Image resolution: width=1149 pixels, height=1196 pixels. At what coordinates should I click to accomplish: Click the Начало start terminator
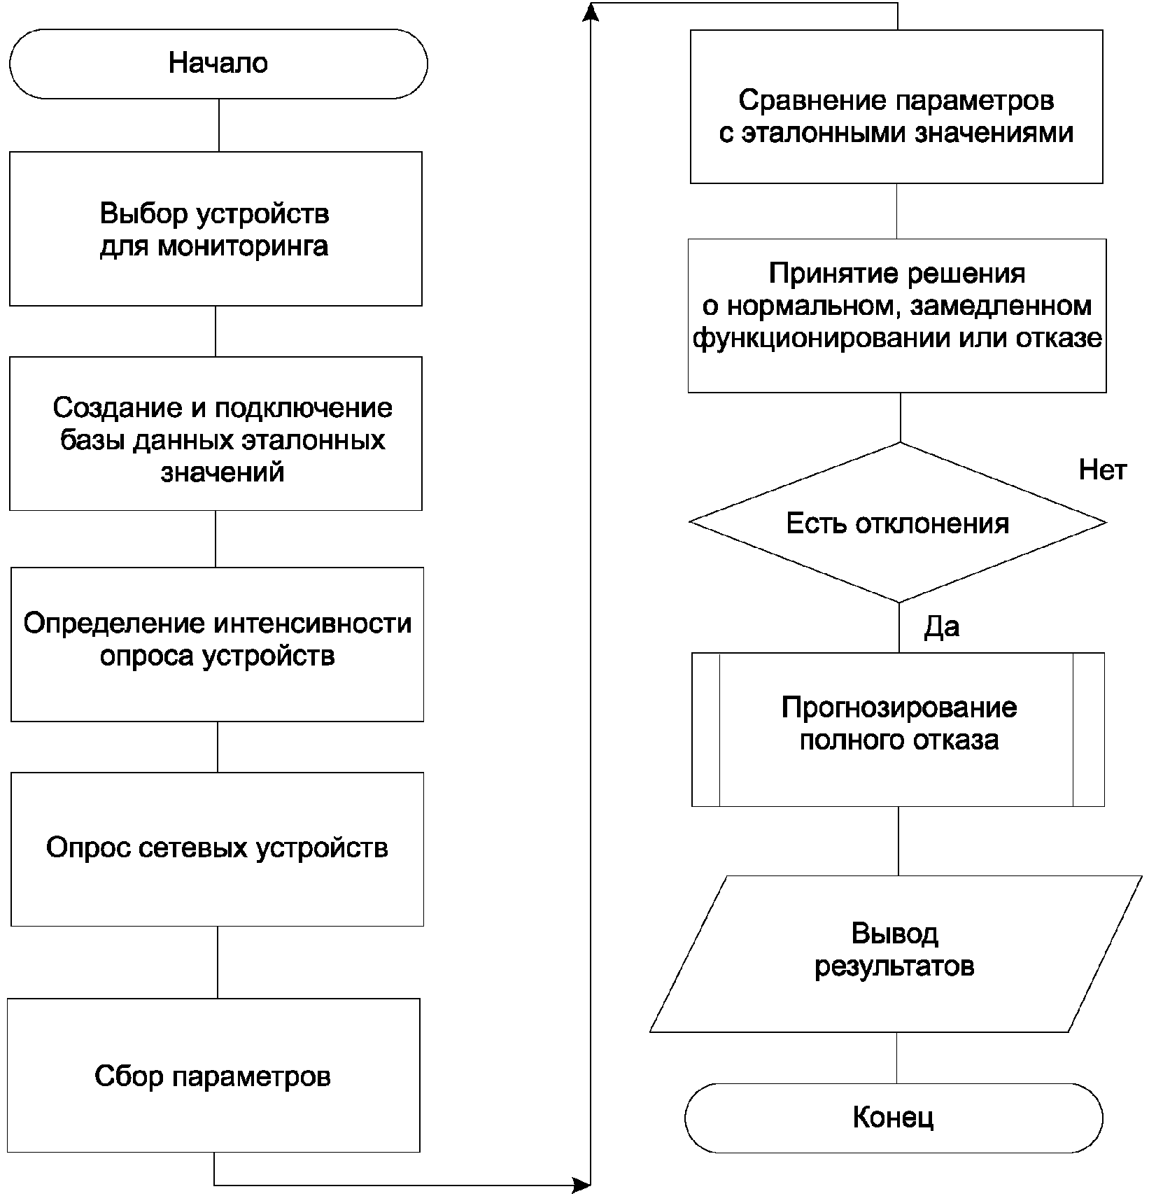[218, 64]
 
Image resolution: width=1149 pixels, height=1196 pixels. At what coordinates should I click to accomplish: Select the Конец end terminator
[894, 1118]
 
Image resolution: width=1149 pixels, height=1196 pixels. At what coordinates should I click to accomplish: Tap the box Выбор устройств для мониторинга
[216, 229]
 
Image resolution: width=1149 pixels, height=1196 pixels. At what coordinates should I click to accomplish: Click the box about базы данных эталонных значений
[216, 434]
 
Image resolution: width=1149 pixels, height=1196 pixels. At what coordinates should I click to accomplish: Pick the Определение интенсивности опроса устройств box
[217, 645]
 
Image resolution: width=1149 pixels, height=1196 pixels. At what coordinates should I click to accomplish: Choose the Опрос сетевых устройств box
[217, 850]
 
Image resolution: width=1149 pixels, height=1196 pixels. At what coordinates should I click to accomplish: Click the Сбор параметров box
[213, 1076]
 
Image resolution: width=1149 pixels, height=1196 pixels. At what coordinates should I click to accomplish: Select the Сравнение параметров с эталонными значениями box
[896, 106]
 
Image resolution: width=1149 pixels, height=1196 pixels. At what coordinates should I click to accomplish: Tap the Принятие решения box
[897, 316]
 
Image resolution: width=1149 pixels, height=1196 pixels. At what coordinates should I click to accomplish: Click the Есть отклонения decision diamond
[898, 522]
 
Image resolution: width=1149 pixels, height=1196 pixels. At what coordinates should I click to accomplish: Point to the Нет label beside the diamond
[1102, 470]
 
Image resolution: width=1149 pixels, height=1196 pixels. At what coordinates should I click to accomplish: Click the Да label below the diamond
[941, 627]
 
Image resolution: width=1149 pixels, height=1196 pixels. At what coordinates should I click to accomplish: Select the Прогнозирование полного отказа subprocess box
[898, 730]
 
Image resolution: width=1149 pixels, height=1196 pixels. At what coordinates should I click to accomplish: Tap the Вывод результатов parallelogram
[896, 954]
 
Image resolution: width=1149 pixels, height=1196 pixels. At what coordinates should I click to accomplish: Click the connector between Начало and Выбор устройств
[218, 125]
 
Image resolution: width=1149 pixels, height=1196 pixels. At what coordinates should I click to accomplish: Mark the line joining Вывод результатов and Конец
[896, 1058]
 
